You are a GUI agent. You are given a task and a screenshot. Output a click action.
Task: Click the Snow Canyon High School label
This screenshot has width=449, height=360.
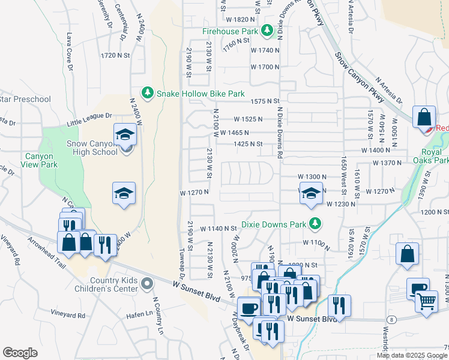tap(92, 148)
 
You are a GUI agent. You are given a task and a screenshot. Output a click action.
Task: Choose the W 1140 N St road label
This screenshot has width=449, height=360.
tap(218, 229)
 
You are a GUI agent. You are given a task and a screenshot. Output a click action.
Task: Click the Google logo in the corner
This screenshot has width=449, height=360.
tap(20, 353)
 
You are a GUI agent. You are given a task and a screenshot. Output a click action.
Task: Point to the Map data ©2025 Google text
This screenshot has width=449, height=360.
tap(411, 355)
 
